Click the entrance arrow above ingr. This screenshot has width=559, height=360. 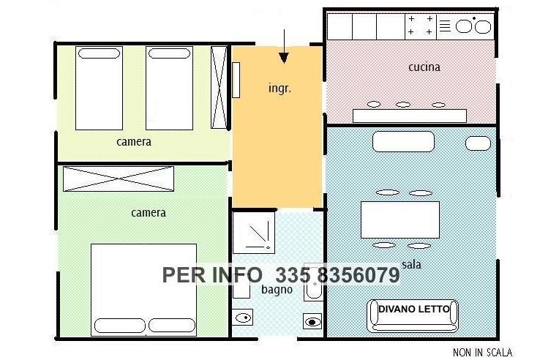[x=284, y=46]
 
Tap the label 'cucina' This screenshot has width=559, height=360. [x=424, y=67]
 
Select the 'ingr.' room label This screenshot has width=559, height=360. [x=279, y=88]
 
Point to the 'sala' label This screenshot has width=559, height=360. [x=411, y=264]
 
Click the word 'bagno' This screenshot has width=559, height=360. [x=277, y=290]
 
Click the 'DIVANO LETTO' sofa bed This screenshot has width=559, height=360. [x=413, y=316]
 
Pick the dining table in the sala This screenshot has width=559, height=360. [x=400, y=220]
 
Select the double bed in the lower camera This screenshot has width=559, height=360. [x=143, y=290]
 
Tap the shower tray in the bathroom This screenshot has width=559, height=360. [x=254, y=233]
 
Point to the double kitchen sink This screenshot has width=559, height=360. [x=473, y=26]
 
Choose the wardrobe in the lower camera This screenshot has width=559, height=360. [x=119, y=179]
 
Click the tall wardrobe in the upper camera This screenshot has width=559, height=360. [x=219, y=88]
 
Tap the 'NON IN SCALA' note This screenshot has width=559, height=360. [x=482, y=353]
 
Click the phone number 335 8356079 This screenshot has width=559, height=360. [x=337, y=275]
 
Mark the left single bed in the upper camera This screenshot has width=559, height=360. [x=99, y=88]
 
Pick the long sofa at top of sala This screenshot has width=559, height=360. [x=403, y=141]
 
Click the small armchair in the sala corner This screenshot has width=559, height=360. [x=478, y=143]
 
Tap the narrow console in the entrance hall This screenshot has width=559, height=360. [x=236, y=80]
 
